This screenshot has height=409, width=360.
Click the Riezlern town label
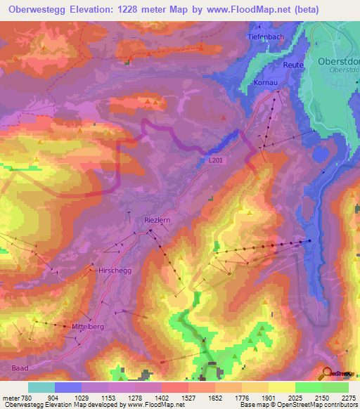point(157,219)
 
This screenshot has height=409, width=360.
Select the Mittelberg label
point(88,327)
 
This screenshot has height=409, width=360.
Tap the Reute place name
point(293,65)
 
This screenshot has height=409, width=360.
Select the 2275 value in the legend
point(349,397)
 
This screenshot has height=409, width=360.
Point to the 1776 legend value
point(243,397)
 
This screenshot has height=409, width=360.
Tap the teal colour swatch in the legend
point(41,387)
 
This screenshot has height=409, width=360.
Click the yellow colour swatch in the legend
point(281,387)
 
